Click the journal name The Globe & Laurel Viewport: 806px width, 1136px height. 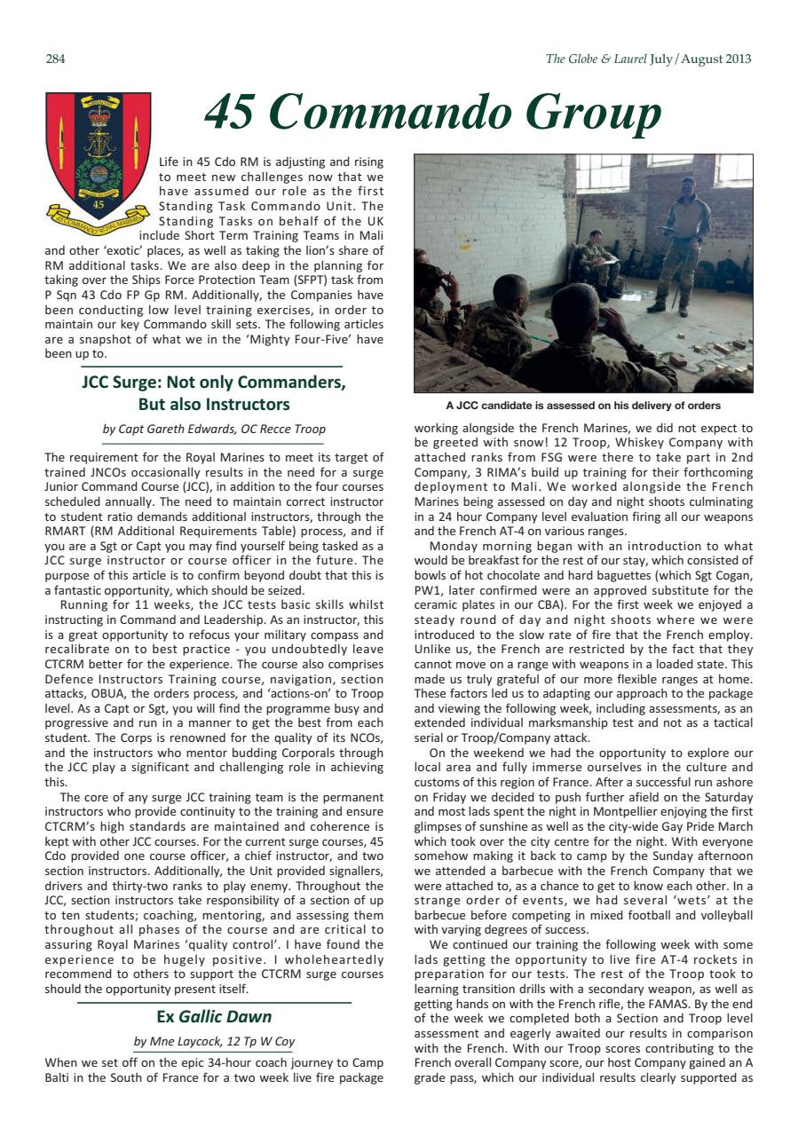coord(596,59)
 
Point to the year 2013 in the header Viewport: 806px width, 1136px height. coord(732,59)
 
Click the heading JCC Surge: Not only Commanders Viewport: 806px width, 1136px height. coord(213,383)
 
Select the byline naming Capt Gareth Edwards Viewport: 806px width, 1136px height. coord(214,430)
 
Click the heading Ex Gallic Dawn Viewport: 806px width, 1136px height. coord(214,1016)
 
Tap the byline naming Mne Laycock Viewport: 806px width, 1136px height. coord(214,1041)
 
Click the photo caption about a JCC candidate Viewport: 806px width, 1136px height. coord(583,406)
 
